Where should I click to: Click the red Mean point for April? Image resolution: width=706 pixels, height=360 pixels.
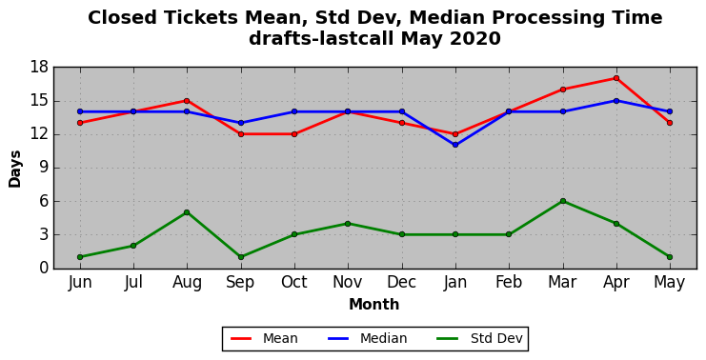pos(615,78)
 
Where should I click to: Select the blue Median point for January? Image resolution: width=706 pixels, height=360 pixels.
pos(455,145)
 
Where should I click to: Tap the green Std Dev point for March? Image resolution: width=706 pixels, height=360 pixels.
pos(563,201)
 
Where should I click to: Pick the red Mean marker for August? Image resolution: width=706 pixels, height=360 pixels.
pos(187,101)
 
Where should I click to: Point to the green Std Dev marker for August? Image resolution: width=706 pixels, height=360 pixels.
pos(187,212)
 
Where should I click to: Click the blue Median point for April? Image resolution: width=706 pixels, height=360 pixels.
pos(615,101)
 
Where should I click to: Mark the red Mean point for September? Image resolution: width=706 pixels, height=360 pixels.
pos(241,134)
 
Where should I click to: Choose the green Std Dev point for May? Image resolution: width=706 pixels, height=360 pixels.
pos(670,257)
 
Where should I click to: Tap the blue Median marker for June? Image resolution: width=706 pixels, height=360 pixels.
pos(80,111)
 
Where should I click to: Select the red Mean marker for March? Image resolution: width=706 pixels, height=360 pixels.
pos(563,90)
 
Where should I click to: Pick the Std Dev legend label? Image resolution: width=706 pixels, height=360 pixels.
pos(496,338)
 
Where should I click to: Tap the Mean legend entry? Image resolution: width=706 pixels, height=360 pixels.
pos(280,338)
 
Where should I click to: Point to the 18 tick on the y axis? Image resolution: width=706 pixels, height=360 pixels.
pos(39,68)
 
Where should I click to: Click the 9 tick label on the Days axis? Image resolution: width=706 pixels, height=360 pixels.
pos(44,168)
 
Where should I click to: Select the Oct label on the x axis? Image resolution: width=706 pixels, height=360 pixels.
pos(294,282)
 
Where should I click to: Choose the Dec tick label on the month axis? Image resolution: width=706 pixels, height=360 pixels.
pos(402,282)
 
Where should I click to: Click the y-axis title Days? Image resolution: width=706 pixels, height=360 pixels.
pos(15,170)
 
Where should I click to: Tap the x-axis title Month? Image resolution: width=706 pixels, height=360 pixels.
pos(374,304)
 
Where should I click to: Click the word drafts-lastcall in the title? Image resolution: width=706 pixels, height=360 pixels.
pos(322,38)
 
